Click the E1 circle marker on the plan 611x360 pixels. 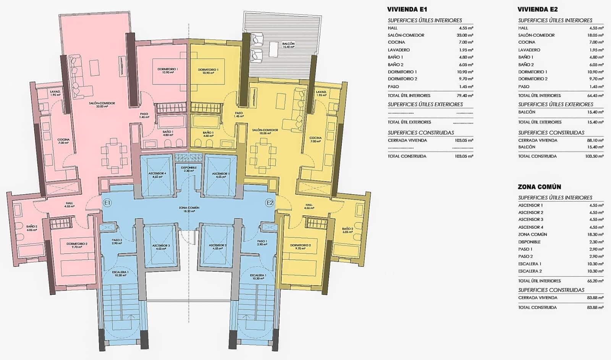(107, 203)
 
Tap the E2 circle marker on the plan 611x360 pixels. (270, 203)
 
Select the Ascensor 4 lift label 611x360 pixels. (157, 175)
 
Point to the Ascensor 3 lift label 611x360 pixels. (161, 247)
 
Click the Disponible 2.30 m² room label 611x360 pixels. (189, 169)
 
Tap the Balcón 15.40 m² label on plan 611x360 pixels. (288, 45)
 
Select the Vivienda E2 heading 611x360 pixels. (538, 10)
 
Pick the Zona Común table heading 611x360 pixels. (539, 187)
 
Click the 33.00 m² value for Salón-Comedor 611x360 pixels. (466, 35)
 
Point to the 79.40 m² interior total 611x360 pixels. (466, 95)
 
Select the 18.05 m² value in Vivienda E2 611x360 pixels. (596, 35)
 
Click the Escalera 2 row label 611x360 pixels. (530, 271)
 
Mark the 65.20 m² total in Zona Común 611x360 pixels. (596, 281)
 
